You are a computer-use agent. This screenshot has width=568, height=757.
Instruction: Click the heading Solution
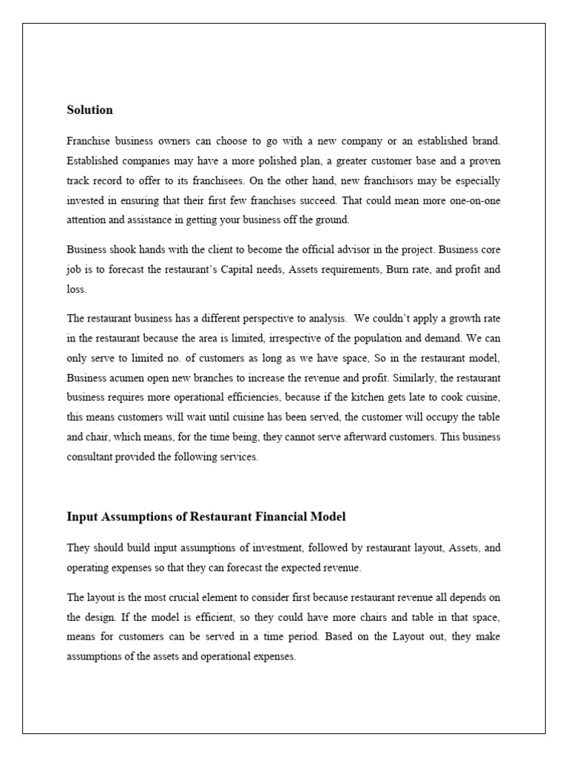tap(89, 110)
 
